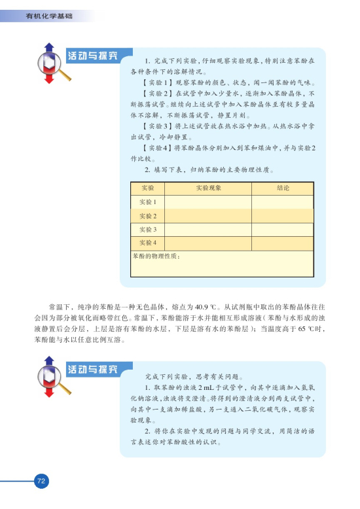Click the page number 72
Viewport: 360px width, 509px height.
click(x=41, y=481)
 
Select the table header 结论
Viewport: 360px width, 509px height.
click(x=282, y=188)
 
